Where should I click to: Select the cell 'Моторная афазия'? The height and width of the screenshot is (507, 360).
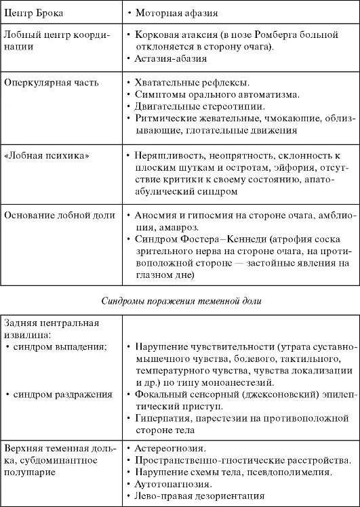click(173, 13)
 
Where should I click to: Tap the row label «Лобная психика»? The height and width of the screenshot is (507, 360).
click(47, 155)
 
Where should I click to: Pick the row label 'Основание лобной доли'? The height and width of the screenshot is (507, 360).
click(60, 215)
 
